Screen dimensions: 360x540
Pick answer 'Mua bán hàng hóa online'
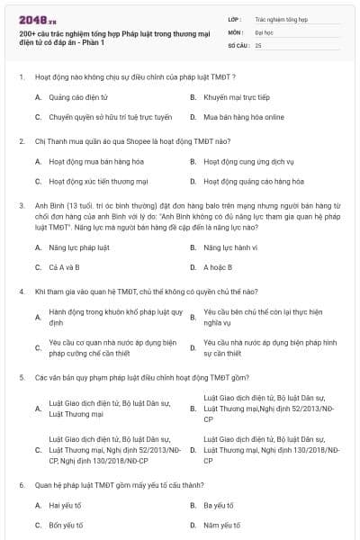coord(234,117)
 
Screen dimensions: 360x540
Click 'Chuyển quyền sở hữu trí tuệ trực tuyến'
coord(97,117)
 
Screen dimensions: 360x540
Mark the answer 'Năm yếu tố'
coord(220,526)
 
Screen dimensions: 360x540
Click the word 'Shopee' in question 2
coord(122,140)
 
